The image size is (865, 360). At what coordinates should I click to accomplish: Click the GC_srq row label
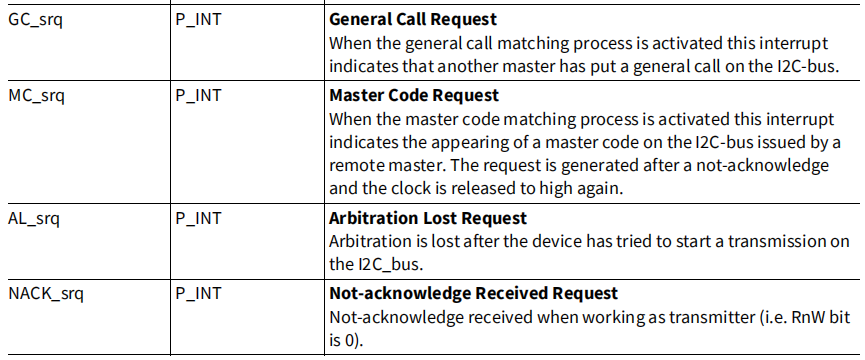click(35, 21)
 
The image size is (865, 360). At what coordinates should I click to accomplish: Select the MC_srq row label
click(36, 96)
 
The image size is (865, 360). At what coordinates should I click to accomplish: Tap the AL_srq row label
click(34, 219)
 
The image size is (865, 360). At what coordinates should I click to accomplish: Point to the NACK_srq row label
click(46, 294)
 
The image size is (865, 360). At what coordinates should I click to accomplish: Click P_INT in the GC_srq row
click(198, 21)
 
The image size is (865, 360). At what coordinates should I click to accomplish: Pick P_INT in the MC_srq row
click(198, 96)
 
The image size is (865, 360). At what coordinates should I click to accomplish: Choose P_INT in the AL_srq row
click(198, 219)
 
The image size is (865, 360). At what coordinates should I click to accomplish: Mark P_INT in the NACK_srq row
click(198, 294)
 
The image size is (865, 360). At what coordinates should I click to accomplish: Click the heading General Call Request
click(413, 20)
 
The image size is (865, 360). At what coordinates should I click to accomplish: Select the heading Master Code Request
click(414, 95)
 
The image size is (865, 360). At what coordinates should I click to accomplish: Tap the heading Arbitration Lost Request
click(428, 218)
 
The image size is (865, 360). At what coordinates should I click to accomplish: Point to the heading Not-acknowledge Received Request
click(473, 293)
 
